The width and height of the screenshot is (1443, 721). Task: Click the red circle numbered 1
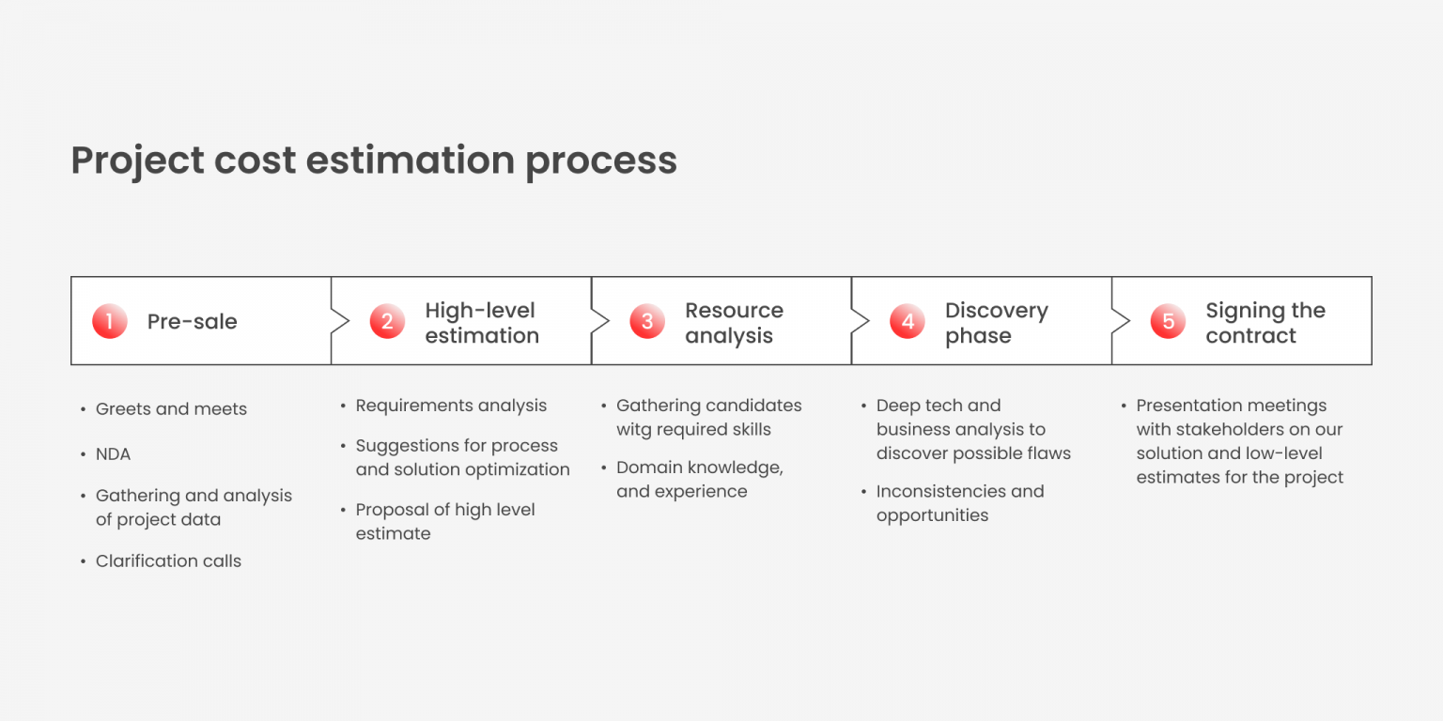click(109, 322)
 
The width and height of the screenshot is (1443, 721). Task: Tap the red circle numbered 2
click(387, 322)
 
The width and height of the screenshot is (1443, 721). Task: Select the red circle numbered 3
click(647, 322)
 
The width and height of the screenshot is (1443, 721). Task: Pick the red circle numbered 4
click(908, 322)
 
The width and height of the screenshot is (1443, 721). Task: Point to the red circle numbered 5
click(1168, 322)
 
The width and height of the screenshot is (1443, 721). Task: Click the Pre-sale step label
click(192, 322)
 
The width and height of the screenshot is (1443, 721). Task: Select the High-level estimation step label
click(481, 323)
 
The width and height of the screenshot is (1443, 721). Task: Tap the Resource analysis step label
click(734, 323)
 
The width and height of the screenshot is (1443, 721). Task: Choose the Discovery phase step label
click(996, 323)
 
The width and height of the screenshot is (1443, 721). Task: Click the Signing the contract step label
click(1265, 323)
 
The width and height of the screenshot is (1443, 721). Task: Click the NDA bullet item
click(113, 454)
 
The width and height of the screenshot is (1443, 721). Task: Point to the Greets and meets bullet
click(171, 409)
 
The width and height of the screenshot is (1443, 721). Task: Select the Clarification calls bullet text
click(168, 561)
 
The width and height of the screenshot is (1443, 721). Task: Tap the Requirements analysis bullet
click(451, 406)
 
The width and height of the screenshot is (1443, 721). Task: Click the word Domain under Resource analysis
click(645, 468)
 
